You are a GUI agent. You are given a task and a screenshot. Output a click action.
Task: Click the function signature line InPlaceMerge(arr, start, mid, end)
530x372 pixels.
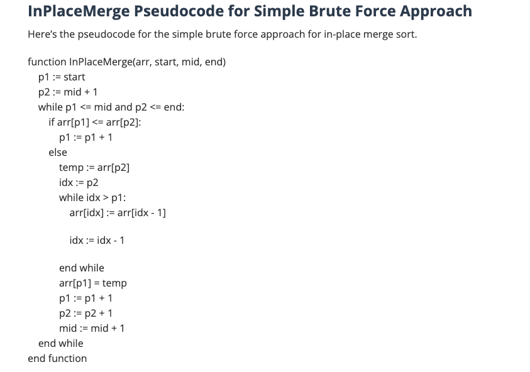pos(127,62)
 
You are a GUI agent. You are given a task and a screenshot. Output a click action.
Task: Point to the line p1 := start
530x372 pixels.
pos(62,77)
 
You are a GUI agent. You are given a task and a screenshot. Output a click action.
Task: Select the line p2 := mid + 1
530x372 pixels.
pos(68,92)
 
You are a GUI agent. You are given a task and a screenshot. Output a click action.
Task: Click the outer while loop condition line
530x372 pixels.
pos(111,107)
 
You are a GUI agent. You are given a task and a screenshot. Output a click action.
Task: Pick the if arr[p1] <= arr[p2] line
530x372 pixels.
pos(95,122)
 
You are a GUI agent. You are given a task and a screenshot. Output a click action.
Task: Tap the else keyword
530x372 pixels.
pos(58,152)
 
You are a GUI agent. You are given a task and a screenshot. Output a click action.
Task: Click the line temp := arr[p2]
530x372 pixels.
pos(94,167)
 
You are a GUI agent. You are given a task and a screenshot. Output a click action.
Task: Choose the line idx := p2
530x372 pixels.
pos(79,182)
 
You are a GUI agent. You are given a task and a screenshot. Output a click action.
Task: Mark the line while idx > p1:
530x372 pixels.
pos(92,197)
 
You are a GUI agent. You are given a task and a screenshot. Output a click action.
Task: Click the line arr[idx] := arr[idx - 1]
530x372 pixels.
pos(118,212)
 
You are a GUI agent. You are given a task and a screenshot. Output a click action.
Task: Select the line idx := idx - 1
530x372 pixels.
pos(97,240)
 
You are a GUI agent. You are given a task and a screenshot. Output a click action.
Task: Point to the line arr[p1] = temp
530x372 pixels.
pos(93,283)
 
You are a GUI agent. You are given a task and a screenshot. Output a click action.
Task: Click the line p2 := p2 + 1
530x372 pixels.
pos(86,313)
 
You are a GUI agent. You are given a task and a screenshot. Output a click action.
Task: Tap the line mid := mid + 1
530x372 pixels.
pos(92,328)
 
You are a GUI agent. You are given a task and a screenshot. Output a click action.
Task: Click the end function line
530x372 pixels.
pos(57,358)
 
